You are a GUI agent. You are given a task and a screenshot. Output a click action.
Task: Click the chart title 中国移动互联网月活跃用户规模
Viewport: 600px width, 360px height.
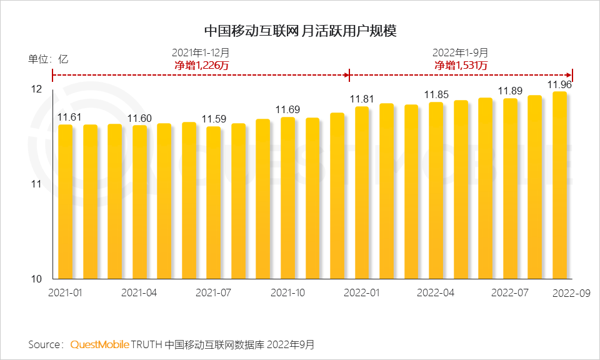(x=300, y=30)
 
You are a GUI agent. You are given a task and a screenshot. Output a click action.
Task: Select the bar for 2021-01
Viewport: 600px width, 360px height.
(x=66, y=201)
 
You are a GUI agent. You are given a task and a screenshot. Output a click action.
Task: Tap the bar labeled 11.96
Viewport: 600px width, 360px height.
(x=559, y=185)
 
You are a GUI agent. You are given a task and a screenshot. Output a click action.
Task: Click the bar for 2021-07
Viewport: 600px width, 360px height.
(x=214, y=202)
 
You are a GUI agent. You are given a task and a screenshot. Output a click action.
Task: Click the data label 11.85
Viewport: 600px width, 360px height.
(x=436, y=95)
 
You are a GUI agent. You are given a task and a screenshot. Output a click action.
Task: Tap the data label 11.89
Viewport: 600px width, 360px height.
(x=510, y=91)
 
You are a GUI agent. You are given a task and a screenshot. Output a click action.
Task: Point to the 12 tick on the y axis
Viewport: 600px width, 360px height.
(x=37, y=89)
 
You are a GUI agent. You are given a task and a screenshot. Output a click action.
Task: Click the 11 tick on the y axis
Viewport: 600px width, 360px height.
(x=37, y=184)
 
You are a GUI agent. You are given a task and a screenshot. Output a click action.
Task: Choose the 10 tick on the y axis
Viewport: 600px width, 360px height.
(x=37, y=279)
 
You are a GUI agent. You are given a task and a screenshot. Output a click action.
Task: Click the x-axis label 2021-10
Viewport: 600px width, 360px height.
(x=287, y=292)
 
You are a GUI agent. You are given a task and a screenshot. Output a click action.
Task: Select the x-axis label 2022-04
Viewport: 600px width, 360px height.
(x=436, y=292)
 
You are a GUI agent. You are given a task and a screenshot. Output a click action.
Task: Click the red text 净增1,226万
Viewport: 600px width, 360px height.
(x=200, y=65)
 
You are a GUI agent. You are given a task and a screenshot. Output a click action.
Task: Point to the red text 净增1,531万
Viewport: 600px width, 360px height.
(x=461, y=65)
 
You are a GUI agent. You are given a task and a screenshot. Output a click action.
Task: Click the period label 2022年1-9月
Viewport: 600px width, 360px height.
(x=461, y=53)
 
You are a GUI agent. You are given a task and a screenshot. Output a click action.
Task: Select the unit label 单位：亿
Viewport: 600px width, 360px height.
(x=47, y=59)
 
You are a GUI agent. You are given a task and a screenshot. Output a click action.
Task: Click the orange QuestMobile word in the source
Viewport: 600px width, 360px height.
(x=100, y=344)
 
